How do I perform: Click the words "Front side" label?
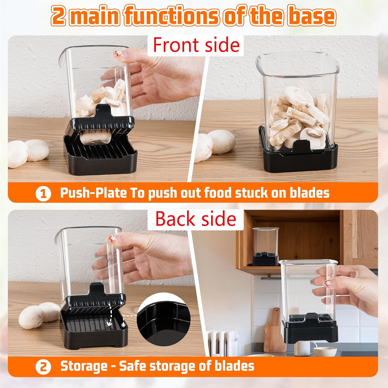point(196,45)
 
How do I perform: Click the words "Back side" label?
point(196,219)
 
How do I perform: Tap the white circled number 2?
point(43,367)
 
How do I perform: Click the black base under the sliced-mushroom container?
point(300,160)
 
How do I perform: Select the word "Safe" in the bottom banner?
point(132,366)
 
